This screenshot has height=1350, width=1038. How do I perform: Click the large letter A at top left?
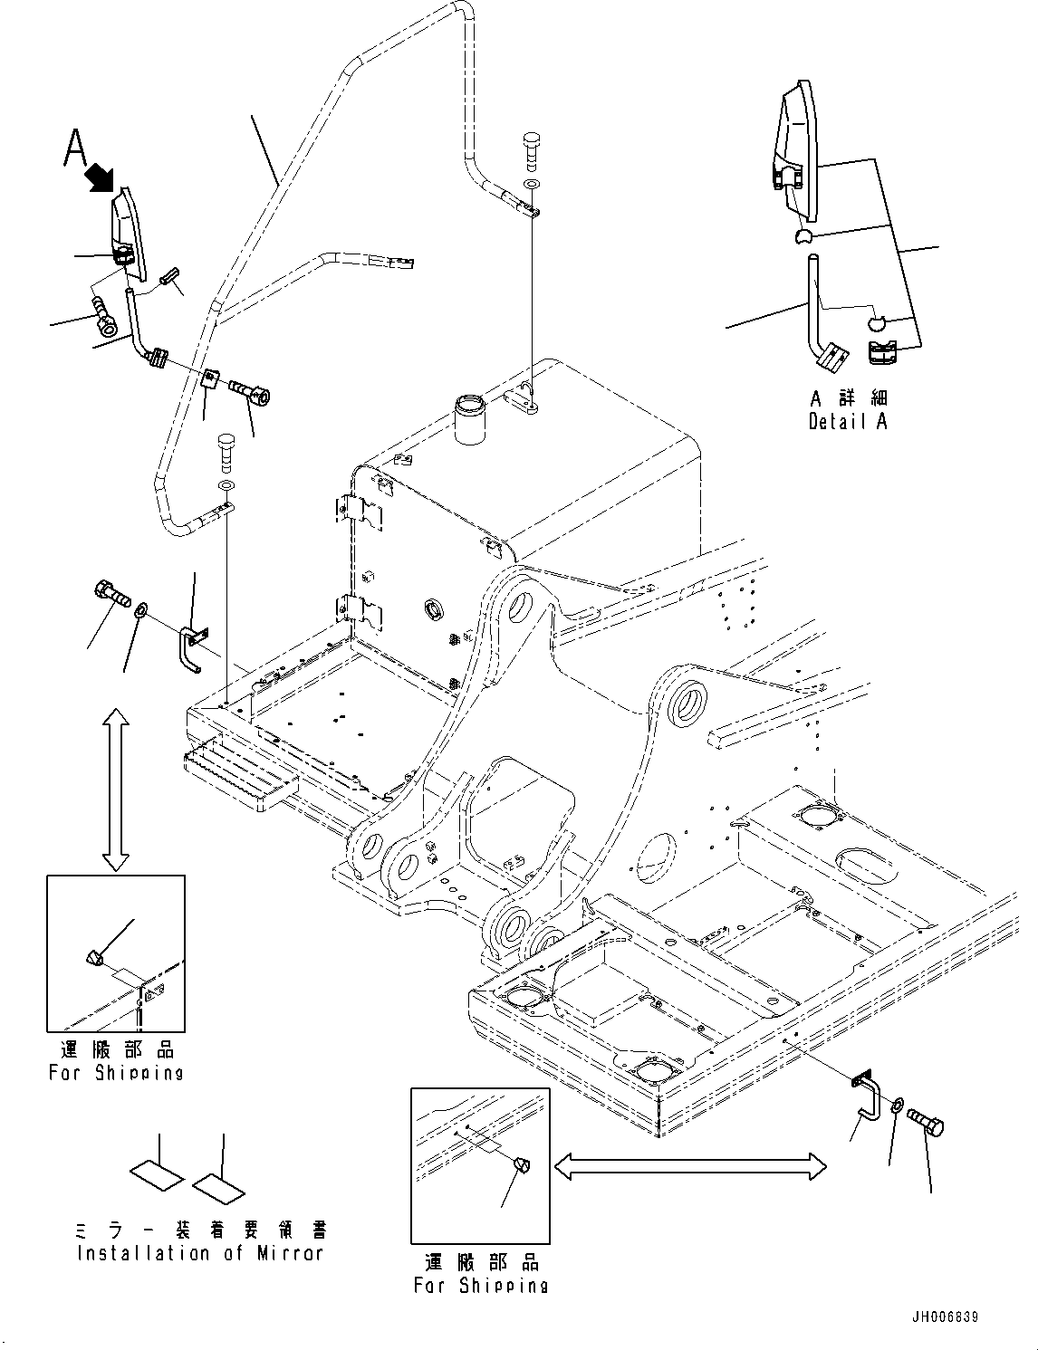(76, 148)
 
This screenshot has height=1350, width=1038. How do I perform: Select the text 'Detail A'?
(848, 421)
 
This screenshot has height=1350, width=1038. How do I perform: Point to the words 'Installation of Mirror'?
(200, 1254)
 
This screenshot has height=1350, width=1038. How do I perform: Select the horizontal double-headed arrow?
(689, 1166)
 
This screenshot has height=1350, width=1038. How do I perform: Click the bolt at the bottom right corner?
(928, 1125)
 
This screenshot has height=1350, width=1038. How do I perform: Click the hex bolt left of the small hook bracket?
(111, 597)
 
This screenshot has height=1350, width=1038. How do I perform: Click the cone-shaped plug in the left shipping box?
(94, 957)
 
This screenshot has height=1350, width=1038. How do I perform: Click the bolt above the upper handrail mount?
(532, 147)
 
